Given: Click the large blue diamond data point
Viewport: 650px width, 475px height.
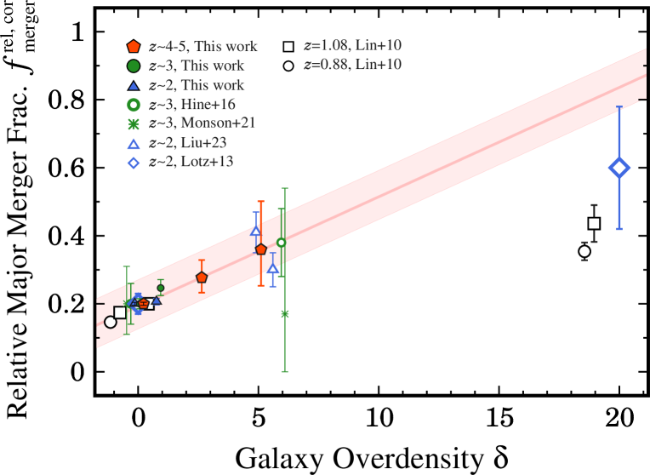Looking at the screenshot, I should click(619, 168).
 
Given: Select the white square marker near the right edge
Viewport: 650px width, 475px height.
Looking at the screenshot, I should click(594, 223).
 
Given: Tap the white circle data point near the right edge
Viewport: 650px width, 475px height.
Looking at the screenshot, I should click(584, 251).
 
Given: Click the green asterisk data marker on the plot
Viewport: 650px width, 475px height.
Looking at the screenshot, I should click(285, 314).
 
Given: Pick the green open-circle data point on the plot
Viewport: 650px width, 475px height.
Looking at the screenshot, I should click(282, 243).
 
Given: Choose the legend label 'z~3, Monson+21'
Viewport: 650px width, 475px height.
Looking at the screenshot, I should click(202, 123).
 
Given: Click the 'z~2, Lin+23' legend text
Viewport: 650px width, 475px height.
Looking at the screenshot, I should click(187, 143).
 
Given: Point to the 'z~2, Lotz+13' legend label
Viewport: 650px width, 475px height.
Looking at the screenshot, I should click(191, 162).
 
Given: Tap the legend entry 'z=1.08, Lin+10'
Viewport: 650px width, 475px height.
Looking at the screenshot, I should click(352, 46).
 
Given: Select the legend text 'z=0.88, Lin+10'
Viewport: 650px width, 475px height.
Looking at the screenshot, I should click(352, 65).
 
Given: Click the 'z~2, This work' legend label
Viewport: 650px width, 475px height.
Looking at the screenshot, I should click(196, 85).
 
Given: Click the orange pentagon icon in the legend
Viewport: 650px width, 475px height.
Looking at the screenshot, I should click(134, 47).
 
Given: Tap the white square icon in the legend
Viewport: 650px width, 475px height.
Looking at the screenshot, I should click(289, 46).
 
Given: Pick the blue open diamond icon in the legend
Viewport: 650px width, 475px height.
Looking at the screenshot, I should click(134, 163).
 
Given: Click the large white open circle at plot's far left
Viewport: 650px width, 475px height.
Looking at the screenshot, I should click(111, 322).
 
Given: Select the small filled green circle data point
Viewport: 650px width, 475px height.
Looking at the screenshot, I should click(161, 288).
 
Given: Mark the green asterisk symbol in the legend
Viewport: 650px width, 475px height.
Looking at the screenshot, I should click(134, 124).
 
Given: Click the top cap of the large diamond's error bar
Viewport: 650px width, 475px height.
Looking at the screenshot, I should click(619, 106).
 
